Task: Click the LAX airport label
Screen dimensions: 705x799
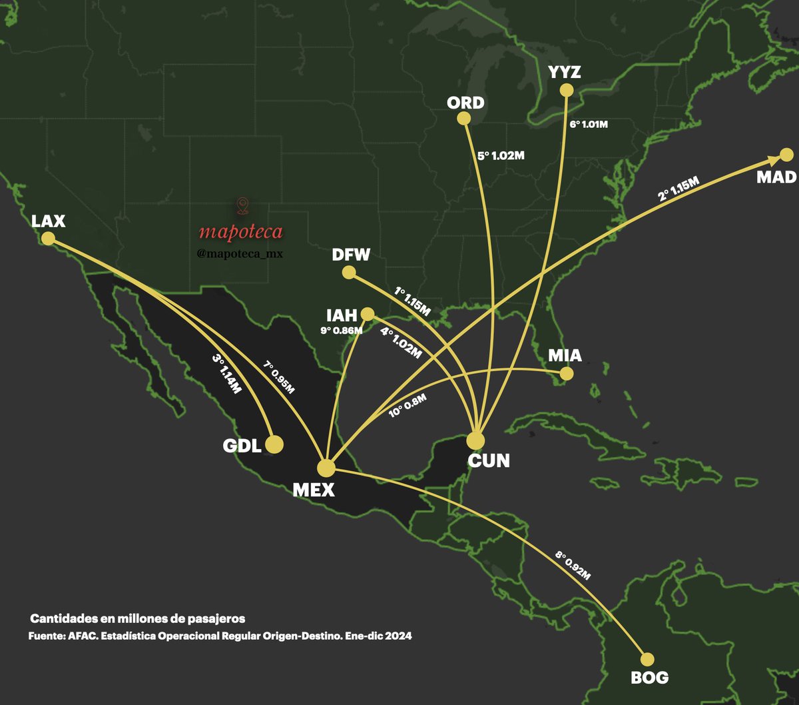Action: tap(48, 221)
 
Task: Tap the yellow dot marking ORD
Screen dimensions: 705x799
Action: tap(464, 119)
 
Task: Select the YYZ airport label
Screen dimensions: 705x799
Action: tap(565, 72)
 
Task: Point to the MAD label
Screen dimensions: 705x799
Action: tap(776, 177)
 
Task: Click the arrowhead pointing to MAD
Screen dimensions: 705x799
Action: tap(774, 159)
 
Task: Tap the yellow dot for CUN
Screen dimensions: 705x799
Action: tap(475, 440)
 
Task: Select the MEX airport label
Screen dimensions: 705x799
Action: tap(314, 490)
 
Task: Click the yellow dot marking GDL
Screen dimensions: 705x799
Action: tap(274, 444)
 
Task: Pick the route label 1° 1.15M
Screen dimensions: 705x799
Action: tap(413, 301)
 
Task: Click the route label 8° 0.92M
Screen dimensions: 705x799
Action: tap(573, 565)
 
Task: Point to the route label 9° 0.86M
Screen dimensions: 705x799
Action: tap(341, 329)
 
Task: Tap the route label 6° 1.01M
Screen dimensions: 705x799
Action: tap(589, 124)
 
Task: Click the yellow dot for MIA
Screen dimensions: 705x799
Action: tap(566, 374)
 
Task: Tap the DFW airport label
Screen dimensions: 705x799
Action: tap(351, 255)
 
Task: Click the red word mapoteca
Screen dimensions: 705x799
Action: tap(240, 232)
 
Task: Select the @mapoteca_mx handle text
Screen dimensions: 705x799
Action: tap(241, 253)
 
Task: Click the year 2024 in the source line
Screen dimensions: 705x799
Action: tap(397, 636)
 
